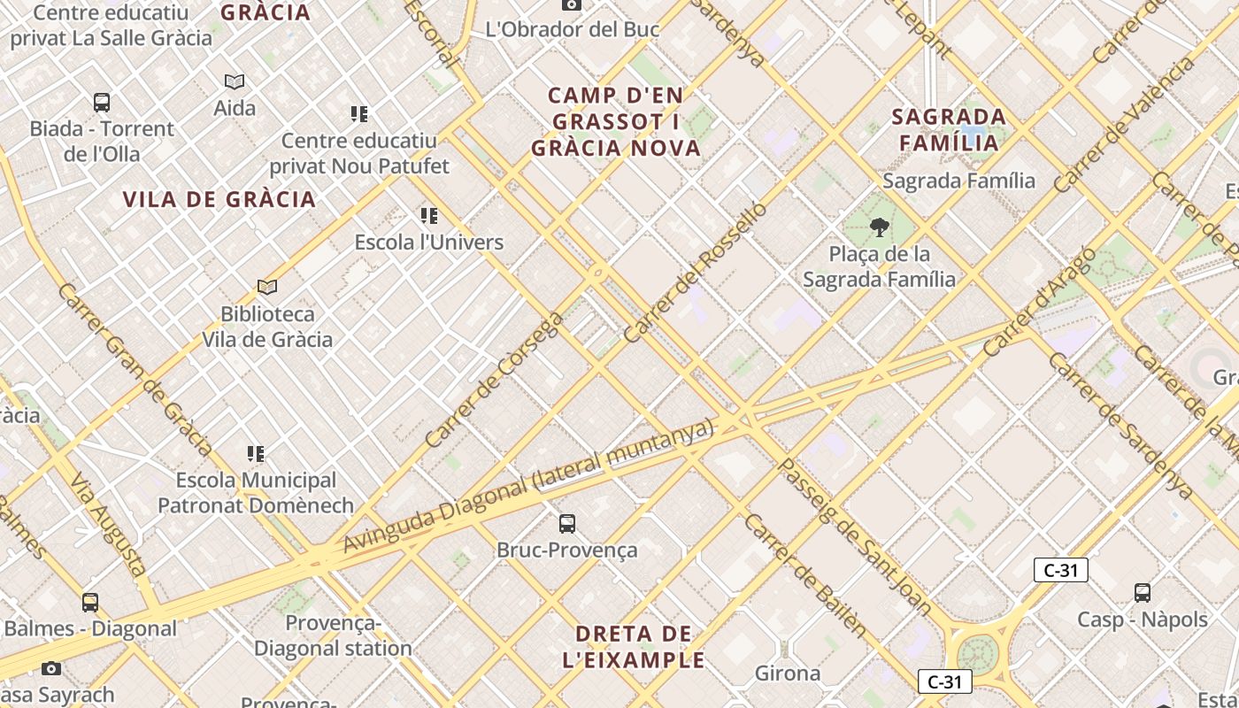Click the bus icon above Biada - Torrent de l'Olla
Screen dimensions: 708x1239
point(102,103)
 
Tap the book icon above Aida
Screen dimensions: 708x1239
point(235,82)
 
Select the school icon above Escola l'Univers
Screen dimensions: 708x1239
point(429,216)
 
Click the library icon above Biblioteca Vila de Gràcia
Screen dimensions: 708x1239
point(267,287)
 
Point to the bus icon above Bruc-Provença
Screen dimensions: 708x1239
point(567,523)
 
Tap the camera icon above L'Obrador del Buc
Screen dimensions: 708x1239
point(572,4)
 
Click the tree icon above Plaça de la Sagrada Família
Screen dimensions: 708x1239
point(879,228)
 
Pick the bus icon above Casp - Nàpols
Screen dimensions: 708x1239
point(1143,593)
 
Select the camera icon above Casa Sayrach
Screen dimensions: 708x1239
point(52,668)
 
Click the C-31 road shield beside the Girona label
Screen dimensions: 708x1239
point(945,681)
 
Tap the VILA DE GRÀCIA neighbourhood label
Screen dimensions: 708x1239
point(219,199)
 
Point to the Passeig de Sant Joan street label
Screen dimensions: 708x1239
point(854,536)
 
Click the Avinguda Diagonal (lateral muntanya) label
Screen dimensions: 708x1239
point(527,486)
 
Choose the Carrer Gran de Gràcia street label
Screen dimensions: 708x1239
point(135,368)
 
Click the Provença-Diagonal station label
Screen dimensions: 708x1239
point(333,636)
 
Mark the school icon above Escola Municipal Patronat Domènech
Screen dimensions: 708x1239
point(256,454)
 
